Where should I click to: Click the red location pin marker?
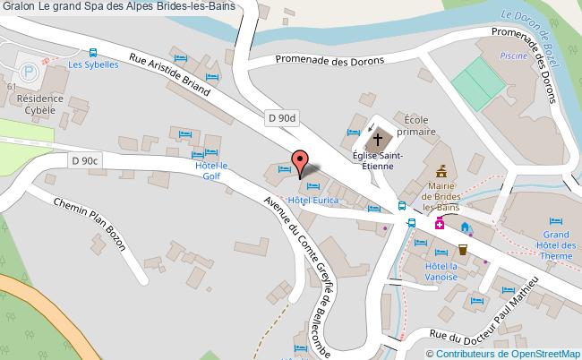[299, 160]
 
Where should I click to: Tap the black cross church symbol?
[378, 140]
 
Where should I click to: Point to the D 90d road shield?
[282, 116]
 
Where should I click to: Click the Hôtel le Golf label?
[212, 171]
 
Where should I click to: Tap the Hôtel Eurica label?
[312, 200]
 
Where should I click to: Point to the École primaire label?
[419, 124]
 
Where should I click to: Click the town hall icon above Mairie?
[441, 169]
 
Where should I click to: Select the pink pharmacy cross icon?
[440, 225]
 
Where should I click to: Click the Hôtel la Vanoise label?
[441, 271]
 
